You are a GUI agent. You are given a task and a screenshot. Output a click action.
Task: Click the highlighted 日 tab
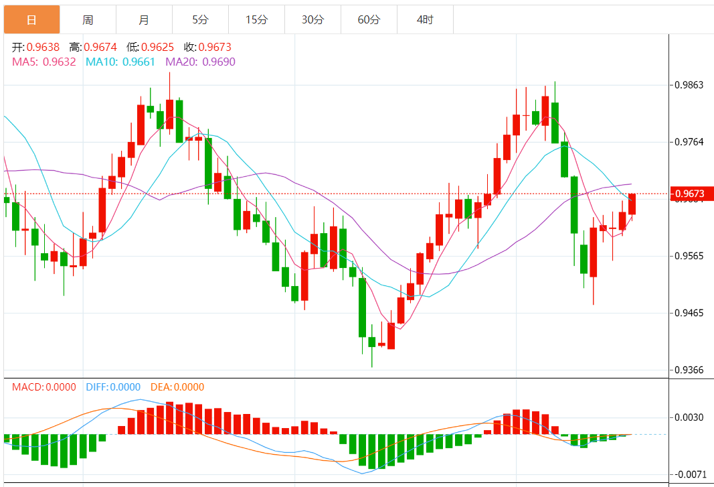31,19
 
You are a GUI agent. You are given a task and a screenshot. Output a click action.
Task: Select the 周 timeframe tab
88,19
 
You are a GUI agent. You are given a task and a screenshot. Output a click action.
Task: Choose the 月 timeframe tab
144,19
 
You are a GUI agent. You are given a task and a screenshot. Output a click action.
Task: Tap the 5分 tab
200,19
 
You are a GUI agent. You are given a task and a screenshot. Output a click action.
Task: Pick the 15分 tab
256,19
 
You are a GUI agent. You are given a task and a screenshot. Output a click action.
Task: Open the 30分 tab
313,19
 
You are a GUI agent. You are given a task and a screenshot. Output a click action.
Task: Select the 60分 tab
369,19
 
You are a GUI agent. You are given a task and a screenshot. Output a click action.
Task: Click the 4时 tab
425,19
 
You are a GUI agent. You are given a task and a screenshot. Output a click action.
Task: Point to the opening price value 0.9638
43,48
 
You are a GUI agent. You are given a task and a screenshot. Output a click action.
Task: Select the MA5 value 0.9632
59,62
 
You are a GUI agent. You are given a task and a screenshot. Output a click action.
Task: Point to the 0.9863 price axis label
689,85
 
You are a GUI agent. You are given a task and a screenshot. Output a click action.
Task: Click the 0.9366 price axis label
689,370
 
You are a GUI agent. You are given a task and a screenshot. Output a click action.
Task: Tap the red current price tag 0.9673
689,194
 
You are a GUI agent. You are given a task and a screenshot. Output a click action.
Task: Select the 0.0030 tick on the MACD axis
689,417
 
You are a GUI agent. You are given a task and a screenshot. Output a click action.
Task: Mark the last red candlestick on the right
632,204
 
